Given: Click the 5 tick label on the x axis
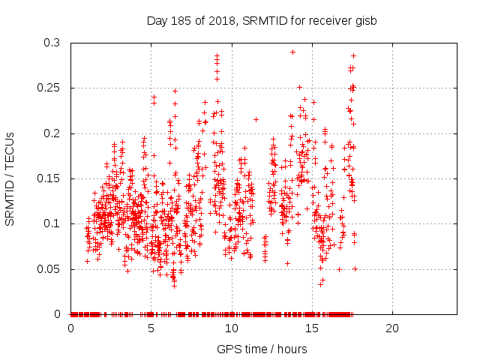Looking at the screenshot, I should tap(151, 328).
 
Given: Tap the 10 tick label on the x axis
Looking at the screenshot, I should tap(232, 328).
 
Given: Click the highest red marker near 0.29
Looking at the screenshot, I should tap(292, 52).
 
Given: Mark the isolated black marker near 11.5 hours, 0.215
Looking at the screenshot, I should tap(256, 119).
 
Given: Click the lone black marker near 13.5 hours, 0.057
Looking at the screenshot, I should tap(287, 262).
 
